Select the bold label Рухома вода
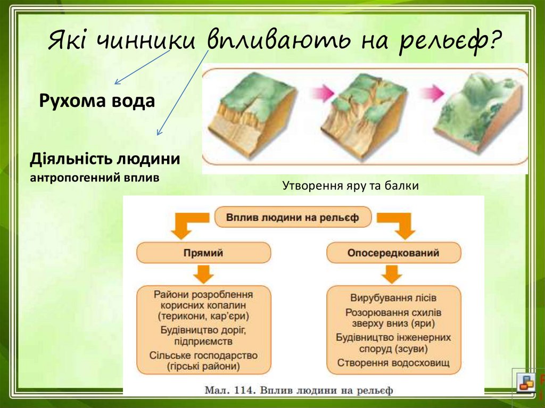point(97,101)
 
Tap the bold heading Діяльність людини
point(105,159)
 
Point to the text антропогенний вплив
point(95,178)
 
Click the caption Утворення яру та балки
point(350,186)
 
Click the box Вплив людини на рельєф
point(293,218)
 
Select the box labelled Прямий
point(203,253)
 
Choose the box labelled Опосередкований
point(393,253)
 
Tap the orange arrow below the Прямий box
point(203,274)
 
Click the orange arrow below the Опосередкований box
point(392,274)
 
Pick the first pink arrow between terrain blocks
point(322,93)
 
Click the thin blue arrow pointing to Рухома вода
point(143,66)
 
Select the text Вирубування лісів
point(393,298)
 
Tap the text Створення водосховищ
point(393,363)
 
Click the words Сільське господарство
point(203,355)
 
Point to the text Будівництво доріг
point(203,330)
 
